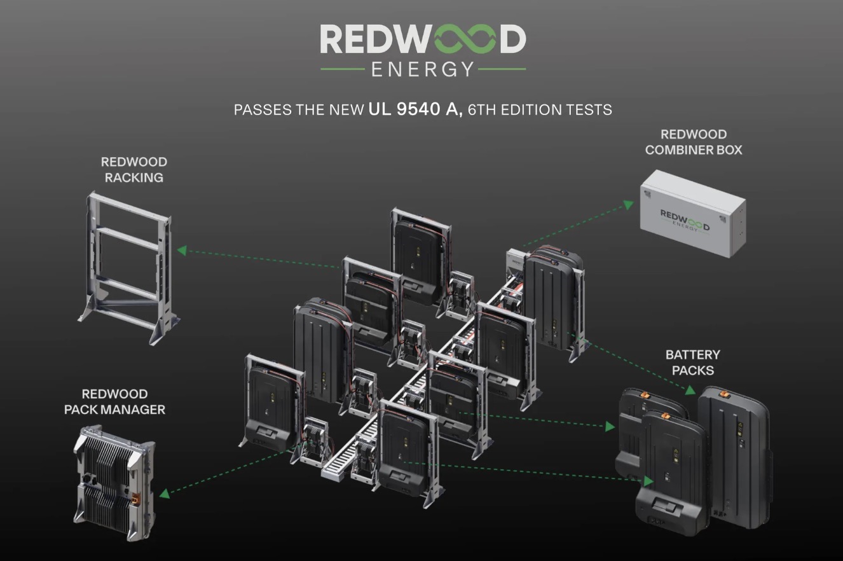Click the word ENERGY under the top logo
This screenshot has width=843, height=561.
coord(423,69)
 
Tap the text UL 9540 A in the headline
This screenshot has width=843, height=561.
coord(415,109)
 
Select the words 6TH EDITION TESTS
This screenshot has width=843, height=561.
coord(540,110)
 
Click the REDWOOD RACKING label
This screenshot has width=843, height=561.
coord(134,170)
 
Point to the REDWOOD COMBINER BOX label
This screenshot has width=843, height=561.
coord(694,142)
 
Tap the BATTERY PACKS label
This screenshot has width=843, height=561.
coord(692,363)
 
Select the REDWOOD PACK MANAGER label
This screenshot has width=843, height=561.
coord(114,402)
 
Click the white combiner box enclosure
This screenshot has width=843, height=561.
coord(692,213)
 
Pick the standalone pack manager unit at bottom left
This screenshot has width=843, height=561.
coord(114,483)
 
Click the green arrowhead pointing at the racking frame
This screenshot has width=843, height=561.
coord(181,251)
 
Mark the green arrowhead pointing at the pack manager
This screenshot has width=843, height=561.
coord(163,492)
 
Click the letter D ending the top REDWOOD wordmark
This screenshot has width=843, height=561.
coord(512,40)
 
